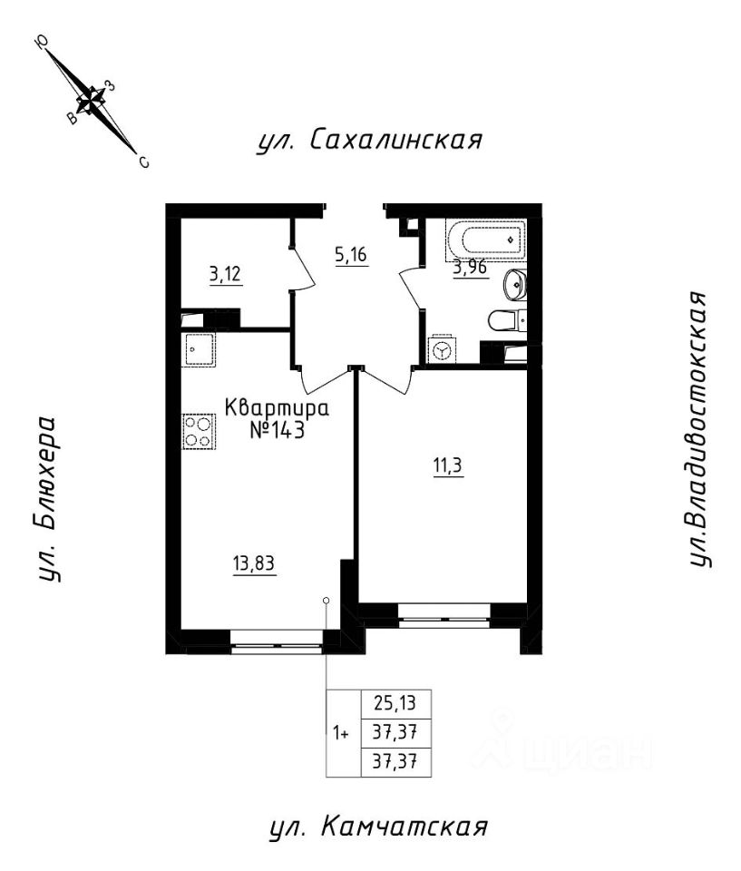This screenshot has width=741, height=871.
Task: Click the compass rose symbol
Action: tap(92, 101)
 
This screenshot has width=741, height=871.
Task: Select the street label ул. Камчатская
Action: tap(379, 827)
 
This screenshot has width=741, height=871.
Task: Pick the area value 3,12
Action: tap(226, 275)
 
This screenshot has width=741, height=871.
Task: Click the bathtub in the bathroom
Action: tap(489, 240)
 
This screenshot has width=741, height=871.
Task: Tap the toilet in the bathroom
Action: tap(505, 319)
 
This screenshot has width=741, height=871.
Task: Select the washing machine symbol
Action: tap(444, 350)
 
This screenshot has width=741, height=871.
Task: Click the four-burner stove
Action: tap(200, 431)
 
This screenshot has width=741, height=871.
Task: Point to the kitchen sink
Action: tap(200, 348)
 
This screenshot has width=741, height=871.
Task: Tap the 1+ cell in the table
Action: tap(342, 733)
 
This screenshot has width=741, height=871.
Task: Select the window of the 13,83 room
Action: tap(277, 647)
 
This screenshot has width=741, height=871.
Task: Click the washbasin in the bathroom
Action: tap(515, 283)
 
